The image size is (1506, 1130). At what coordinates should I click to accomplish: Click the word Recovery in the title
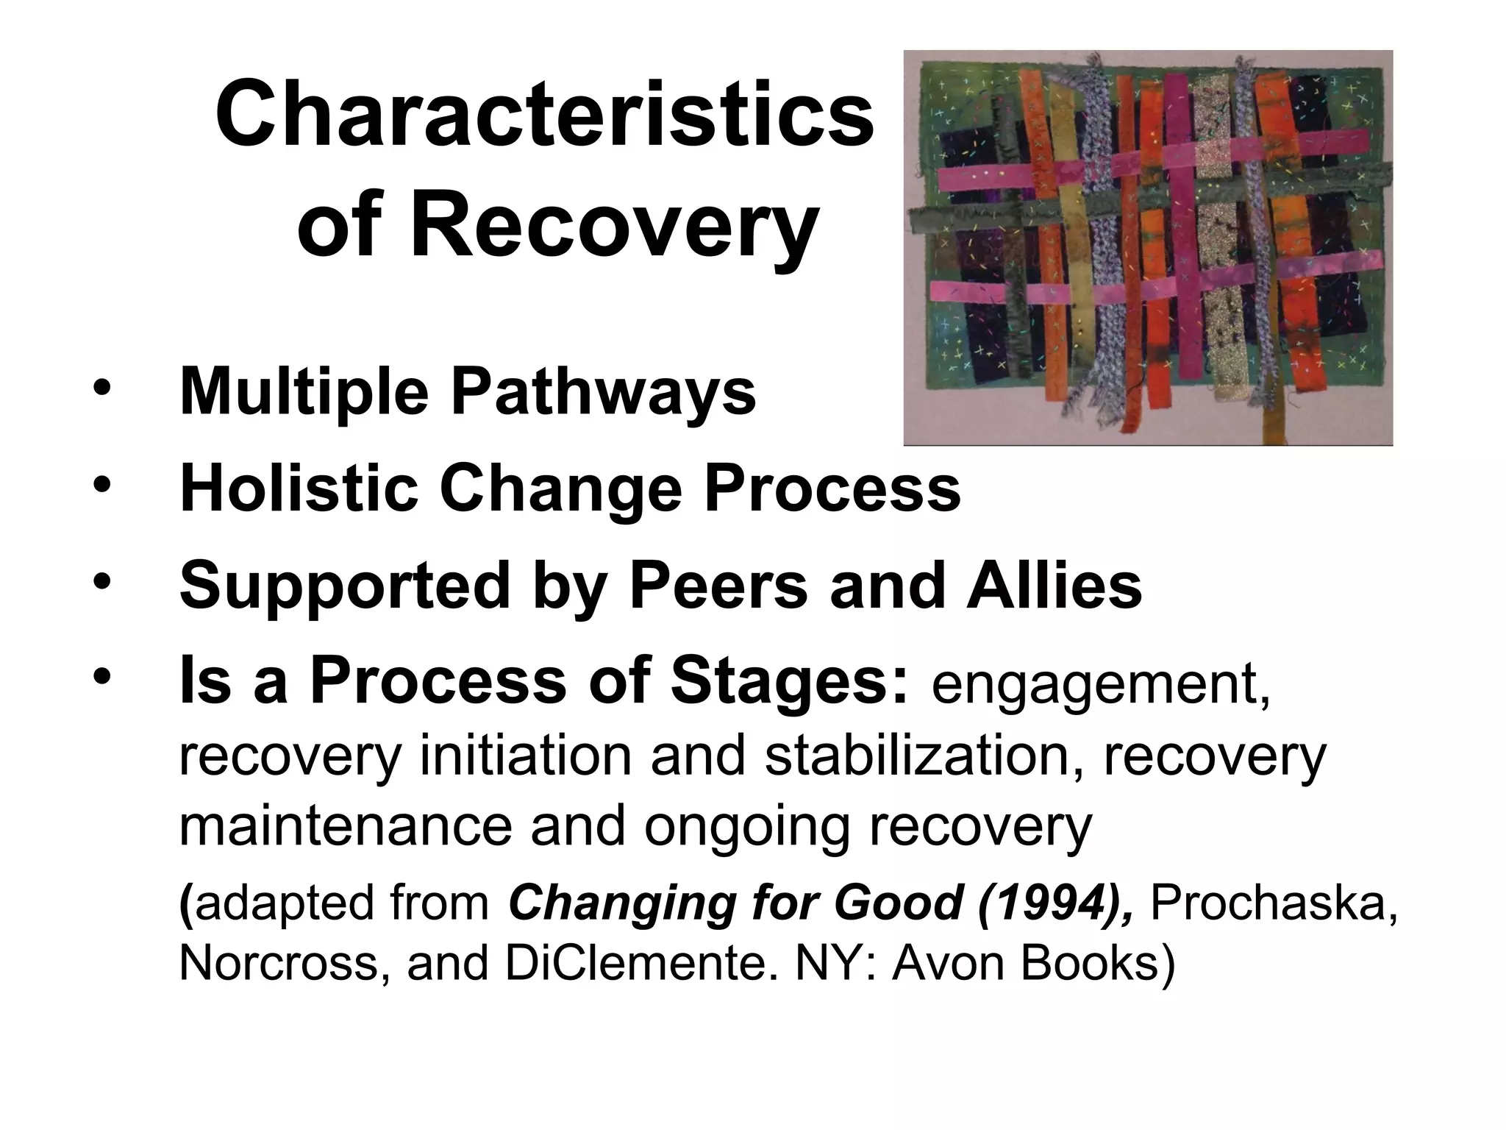click(614, 224)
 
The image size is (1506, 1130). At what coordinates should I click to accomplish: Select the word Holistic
click(299, 489)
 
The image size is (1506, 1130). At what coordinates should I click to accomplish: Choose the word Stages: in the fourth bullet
click(790, 683)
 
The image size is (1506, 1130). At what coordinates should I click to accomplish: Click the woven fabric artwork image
click(1147, 247)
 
